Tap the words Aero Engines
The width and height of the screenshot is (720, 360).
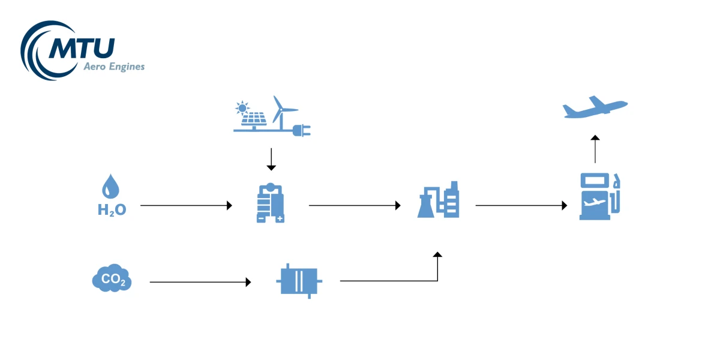[x=113, y=67]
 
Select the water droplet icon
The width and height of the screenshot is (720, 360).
[x=111, y=187]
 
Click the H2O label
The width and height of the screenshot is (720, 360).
[x=112, y=210]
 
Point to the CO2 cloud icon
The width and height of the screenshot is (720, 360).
[x=112, y=278]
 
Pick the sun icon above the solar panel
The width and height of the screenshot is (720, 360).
[x=242, y=109]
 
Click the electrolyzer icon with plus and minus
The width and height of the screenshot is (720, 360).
[x=270, y=203]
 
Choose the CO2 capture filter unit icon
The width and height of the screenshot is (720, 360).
[x=298, y=280]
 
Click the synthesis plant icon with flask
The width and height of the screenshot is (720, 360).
[x=439, y=200]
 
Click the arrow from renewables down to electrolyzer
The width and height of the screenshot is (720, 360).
[x=271, y=159]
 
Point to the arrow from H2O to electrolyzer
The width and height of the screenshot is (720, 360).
[x=186, y=206]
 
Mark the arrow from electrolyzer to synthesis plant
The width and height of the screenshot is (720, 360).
[x=355, y=206]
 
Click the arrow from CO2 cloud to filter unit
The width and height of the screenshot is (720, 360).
[x=200, y=281]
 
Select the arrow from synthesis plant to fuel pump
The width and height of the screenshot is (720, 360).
[x=521, y=206]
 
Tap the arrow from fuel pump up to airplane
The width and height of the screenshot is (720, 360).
[x=595, y=149]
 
